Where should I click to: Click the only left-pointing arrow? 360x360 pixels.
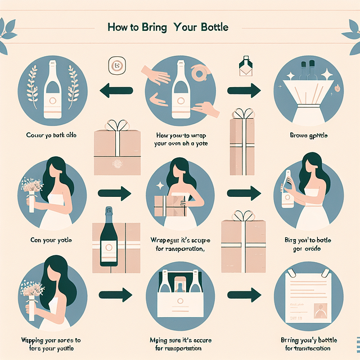pos(116,89)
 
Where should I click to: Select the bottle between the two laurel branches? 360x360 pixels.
pos(52,91)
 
